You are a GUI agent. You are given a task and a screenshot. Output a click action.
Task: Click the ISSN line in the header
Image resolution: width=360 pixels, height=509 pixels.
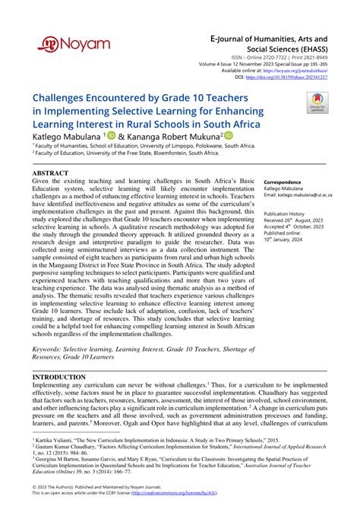point(292,57)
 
